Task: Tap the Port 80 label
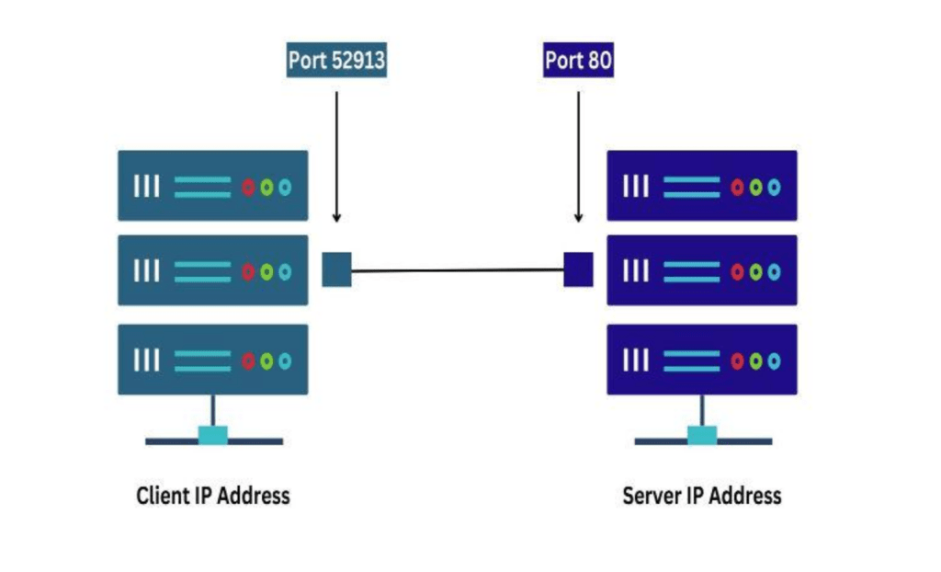pyautogui.click(x=578, y=62)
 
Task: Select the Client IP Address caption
pyautogui.click(x=213, y=496)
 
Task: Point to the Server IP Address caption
pyautogui.click(x=702, y=496)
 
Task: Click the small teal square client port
pyautogui.click(x=336, y=269)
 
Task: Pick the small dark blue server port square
pyautogui.click(x=578, y=269)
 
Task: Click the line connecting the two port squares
pyautogui.click(x=457, y=270)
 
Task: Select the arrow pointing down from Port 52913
pyautogui.click(x=336, y=156)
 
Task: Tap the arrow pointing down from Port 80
pyautogui.click(x=578, y=156)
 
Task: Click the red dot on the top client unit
pyautogui.click(x=248, y=188)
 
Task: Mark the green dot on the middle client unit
pyautogui.click(x=266, y=272)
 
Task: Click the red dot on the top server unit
pyautogui.click(x=737, y=188)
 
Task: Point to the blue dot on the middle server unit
pyautogui.click(x=774, y=272)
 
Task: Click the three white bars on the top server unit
pyautogui.click(x=636, y=187)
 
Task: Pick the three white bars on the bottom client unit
pyautogui.click(x=147, y=360)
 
